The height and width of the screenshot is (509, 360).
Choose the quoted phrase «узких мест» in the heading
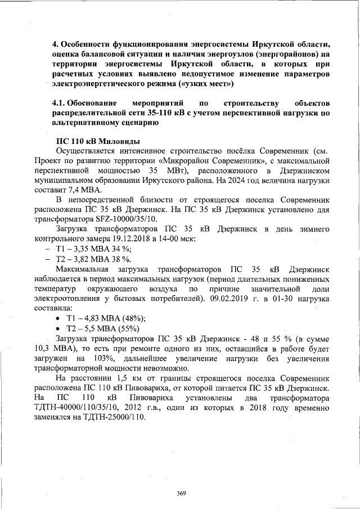205,84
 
